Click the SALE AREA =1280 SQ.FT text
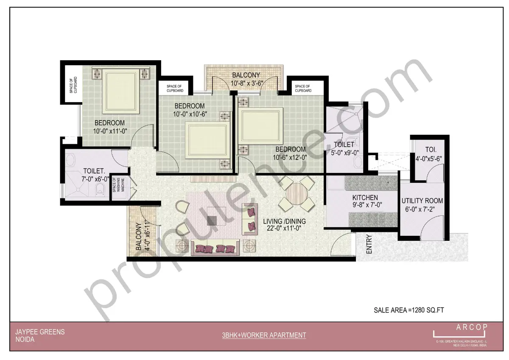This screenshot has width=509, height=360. (x=408, y=310)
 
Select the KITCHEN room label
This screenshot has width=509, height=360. (x=365, y=198)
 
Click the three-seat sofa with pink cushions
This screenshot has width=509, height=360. (x=215, y=248)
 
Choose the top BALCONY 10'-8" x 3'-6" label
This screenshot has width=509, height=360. (x=246, y=79)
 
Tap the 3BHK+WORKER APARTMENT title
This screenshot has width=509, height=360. (x=264, y=335)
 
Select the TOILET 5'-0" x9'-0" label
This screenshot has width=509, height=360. (x=344, y=149)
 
